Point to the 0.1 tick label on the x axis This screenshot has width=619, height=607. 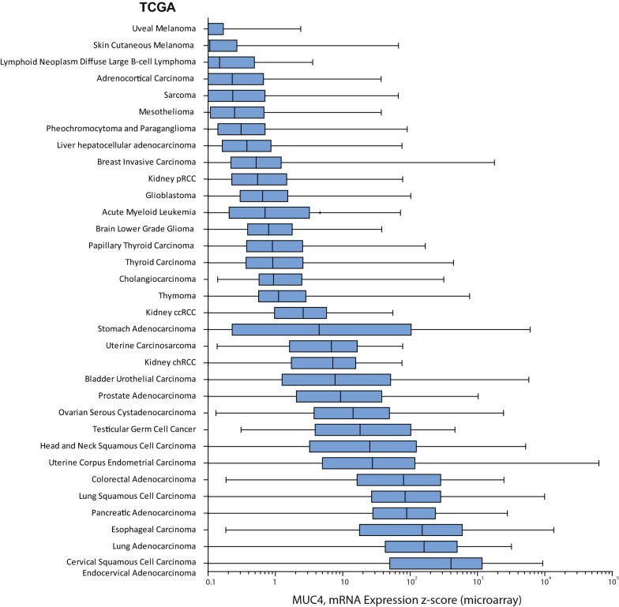coord(209,583)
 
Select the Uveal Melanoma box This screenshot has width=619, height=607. coord(216,29)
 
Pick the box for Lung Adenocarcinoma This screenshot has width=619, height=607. coord(421,546)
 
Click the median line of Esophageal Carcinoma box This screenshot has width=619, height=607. coord(422,530)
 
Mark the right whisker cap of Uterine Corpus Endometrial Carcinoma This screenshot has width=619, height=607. coord(598,463)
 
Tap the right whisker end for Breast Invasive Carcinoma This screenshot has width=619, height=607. coord(494,163)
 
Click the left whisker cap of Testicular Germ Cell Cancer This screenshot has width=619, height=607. coord(241,429)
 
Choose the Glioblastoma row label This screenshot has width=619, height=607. coord(172,195)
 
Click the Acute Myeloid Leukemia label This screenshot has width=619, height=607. coord(149,212)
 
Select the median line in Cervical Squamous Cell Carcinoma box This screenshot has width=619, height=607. coord(451,563)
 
